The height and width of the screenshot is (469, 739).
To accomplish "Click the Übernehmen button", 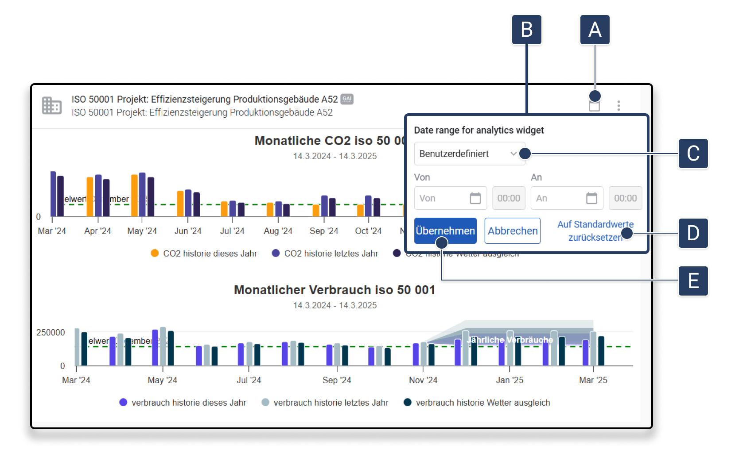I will pyautogui.click(x=445, y=231).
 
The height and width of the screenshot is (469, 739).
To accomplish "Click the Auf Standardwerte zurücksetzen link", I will pyautogui.click(x=595, y=231).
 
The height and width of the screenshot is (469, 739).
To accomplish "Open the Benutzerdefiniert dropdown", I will pyautogui.click(x=469, y=154).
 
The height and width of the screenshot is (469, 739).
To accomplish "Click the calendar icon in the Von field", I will pyautogui.click(x=475, y=198).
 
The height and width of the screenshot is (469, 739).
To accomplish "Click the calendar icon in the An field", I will pyautogui.click(x=591, y=198).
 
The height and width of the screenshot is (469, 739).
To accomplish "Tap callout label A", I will pyautogui.click(x=595, y=30).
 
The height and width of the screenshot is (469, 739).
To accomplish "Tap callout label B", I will pyautogui.click(x=526, y=30).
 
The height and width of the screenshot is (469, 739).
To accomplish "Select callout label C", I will pyautogui.click(x=693, y=154).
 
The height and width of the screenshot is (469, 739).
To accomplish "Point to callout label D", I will pyautogui.click(x=693, y=233).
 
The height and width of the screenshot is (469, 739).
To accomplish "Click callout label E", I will pyautogui.click(x=693, y=281).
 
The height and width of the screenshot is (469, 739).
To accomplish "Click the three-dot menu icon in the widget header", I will pyautogui.click(x=618, y=106).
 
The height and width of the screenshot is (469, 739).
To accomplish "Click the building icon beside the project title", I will pyautogui.click(x=52, y=106).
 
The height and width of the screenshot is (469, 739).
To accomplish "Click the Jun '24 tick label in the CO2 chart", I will pyautogui.click(x=188, y=231).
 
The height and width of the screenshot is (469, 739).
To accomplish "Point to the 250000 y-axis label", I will pyautogui.click(x=51, y=332).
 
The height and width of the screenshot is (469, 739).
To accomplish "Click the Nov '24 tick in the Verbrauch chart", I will pyautogui.click(x=423, y=380).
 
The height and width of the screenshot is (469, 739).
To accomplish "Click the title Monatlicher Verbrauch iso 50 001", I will pyautogui.click(x=334, y=290).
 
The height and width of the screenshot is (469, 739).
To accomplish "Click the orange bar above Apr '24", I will pyautogui.click(x=90, y=196).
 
